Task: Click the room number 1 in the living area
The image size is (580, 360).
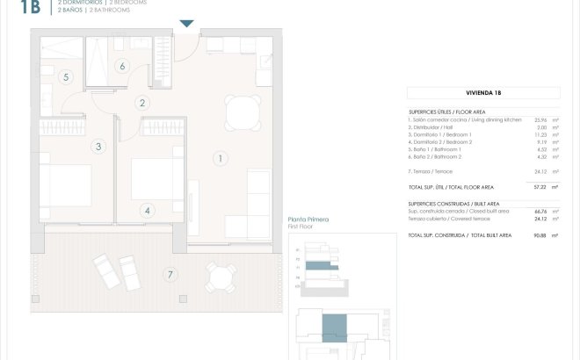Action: [220, 159]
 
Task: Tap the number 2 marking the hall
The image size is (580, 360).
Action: [142, 103]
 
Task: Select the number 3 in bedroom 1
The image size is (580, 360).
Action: [98, 147]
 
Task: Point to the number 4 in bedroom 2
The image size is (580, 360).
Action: [148, 210]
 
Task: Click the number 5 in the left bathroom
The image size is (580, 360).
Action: [66, 77]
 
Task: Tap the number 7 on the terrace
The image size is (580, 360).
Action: [169, 275]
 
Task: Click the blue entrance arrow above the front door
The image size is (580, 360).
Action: [186, 24]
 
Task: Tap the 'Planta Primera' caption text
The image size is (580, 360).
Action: [308, 220]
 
